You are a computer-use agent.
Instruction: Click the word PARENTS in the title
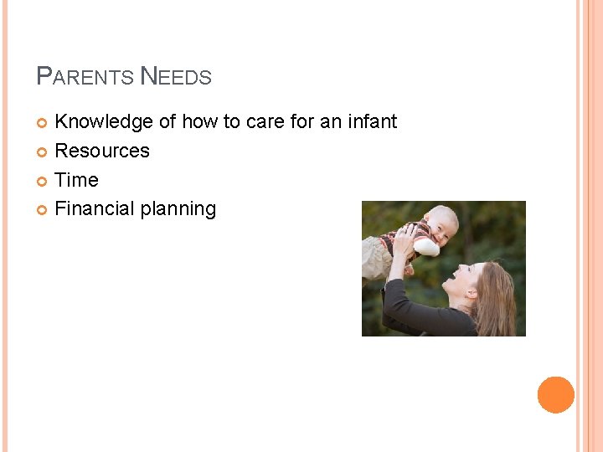click(x=85, y=78)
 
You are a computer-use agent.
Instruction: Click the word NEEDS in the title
click(x=176, y=78)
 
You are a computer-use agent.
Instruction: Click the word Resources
click(x=102, y=152)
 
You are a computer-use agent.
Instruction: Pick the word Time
click(x=76, y=180)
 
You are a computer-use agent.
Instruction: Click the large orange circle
click(x=556, y=394)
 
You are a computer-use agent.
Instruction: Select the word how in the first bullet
click(x=199, y=122)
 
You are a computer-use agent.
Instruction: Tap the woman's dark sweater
click(x=419, y=318)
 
